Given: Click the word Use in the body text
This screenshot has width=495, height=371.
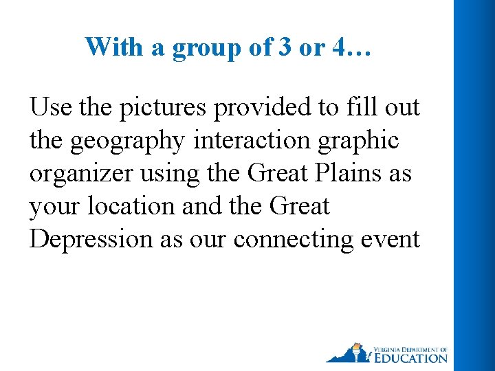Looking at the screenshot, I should point(49,107).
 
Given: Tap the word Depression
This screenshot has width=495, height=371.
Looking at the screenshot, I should point(90,240).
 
